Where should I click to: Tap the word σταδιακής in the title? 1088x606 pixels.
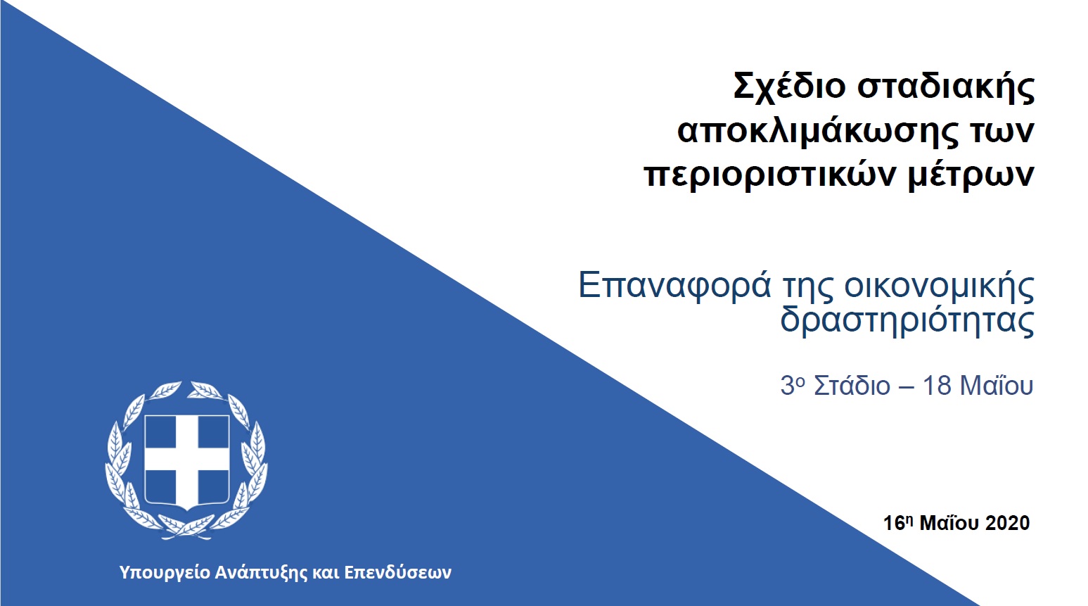coord(946,87)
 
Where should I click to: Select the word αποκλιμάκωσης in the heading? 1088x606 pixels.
coord(818,131)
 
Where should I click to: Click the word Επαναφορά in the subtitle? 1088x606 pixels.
coord(674,286)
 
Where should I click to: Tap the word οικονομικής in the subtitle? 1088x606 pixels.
coord(940,286)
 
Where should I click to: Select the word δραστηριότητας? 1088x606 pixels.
coord(907,321)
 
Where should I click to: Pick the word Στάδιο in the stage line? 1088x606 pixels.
coord(852,386)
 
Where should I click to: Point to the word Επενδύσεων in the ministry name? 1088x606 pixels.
coord(398,572)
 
